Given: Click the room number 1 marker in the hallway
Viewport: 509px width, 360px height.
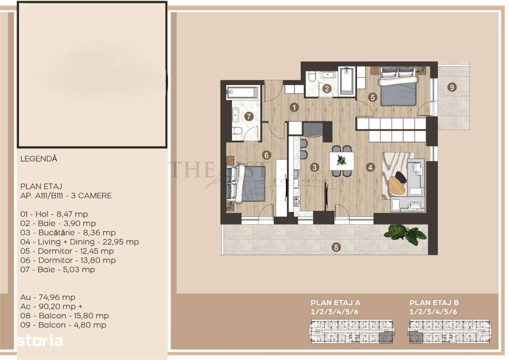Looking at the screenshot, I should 294,107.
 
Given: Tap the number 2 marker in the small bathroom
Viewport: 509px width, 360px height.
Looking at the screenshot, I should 327,89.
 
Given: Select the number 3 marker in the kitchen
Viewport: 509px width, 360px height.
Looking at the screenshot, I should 315,167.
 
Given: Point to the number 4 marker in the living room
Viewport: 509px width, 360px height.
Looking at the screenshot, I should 371,167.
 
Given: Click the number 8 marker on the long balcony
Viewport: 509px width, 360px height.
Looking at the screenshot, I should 336,247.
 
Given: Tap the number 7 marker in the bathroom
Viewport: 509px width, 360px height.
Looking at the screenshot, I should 249,117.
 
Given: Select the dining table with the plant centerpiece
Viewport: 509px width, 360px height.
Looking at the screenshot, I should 342,160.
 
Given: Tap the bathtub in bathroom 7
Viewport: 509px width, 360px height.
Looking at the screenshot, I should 243,93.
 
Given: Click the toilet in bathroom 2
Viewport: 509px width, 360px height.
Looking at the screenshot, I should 312,76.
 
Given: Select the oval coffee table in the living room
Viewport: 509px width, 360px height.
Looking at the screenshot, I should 396,185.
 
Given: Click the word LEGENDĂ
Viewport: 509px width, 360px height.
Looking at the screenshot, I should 39,159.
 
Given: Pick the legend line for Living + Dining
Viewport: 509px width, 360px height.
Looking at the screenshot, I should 80,242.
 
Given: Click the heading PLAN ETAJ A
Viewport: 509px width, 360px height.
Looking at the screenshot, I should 336,302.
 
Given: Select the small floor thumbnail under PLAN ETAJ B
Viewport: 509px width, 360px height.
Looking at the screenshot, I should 450,331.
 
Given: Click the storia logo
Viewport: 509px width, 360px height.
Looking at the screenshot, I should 40,341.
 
